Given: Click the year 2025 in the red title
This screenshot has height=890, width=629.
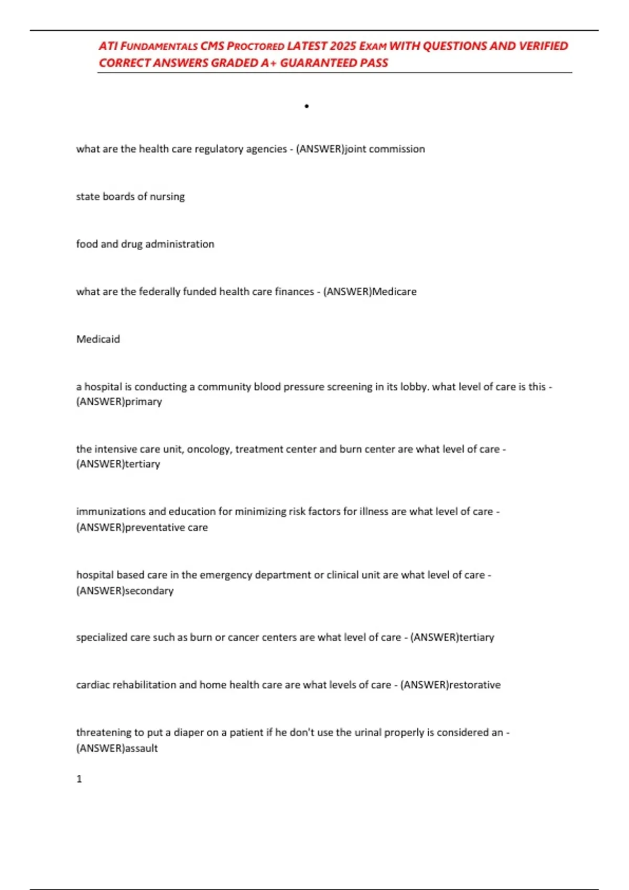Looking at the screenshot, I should [x=343, y=46].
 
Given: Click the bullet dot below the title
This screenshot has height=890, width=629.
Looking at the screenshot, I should [x=307, y=106].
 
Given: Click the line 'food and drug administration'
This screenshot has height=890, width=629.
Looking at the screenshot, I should [x=145, y=244].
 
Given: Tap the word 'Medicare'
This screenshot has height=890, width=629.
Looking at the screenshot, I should [x=394, y=292].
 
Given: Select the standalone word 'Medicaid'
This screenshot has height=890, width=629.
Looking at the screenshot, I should [x=98, y=339].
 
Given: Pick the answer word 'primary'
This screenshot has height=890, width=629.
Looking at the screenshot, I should [x=144, y=402].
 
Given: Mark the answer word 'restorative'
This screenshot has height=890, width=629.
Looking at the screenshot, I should [x=475, y=685].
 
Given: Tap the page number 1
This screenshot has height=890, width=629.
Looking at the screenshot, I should [x=79, y=779].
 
